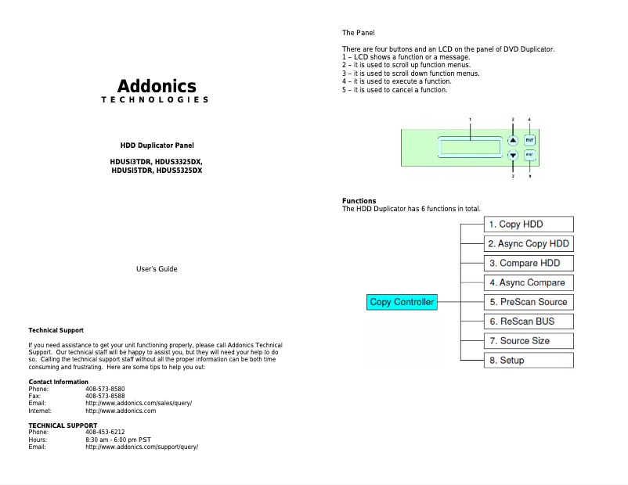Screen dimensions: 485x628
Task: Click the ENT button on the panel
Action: click(529, 141)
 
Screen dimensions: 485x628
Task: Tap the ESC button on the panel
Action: click(529, 155)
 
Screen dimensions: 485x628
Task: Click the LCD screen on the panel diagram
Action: click(471, 148)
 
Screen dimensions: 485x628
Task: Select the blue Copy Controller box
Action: click(402, 302)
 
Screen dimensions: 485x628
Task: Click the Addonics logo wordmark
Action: click(157, 86)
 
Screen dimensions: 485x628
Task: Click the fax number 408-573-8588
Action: click(105, 396)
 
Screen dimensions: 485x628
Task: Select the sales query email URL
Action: click(139, 403)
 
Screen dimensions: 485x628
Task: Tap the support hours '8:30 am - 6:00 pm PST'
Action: click(118, 440)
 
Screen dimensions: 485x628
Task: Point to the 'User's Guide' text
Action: click(157, 269)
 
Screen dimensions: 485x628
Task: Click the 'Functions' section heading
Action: click(359, 201)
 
